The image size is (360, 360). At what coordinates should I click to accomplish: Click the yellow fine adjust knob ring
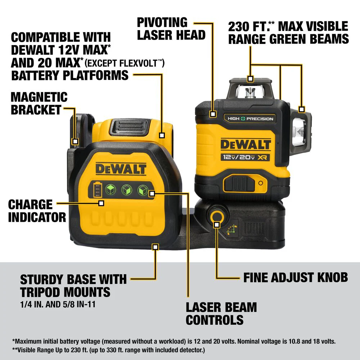click(x=216, y=217)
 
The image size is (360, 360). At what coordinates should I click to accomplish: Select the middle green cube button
click(x=126, y=189)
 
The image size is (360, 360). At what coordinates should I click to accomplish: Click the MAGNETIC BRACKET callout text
click(x=39, y=103)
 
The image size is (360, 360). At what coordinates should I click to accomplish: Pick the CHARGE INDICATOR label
click(x=37, y=211)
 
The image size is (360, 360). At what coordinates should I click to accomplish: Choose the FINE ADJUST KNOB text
click(x=296, y=277)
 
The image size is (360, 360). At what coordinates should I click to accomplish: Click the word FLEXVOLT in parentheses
click(x=140, y=64)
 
